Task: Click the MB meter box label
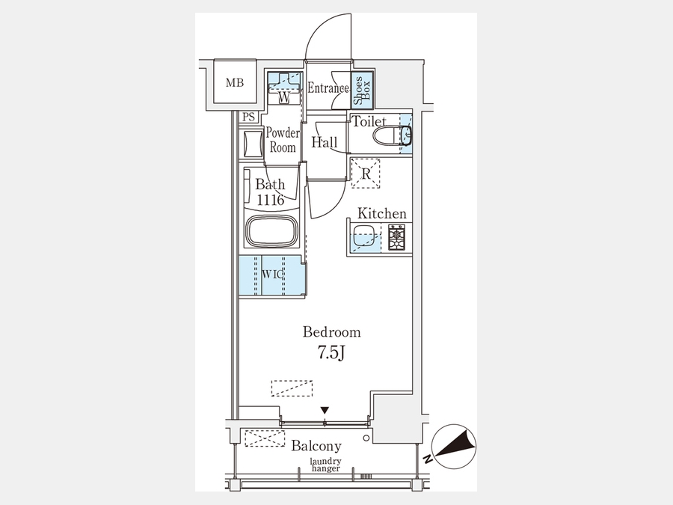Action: tap(235, 82)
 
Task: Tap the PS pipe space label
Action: tap(248, 117)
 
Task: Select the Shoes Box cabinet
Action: tap(362, 91)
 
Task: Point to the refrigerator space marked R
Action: tap(366, 174)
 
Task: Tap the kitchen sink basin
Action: tap(365, 236)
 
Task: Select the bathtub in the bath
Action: tap(271, 231)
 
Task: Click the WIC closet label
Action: tap(272, 274)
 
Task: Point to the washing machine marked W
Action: tap(283, 88)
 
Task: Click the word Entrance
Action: tap(328, 88)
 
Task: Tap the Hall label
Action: tap(325, 142)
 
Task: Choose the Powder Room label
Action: tap(283, 140)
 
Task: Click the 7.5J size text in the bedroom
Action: tap(331, 352)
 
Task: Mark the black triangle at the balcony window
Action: tap(325, 410)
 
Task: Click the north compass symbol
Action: tap(454, 446)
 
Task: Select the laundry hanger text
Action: tap(326, 465)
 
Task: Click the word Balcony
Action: tap(316, 446)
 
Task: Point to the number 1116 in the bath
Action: tap(271, 200)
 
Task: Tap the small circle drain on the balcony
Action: tap(366, 438)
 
